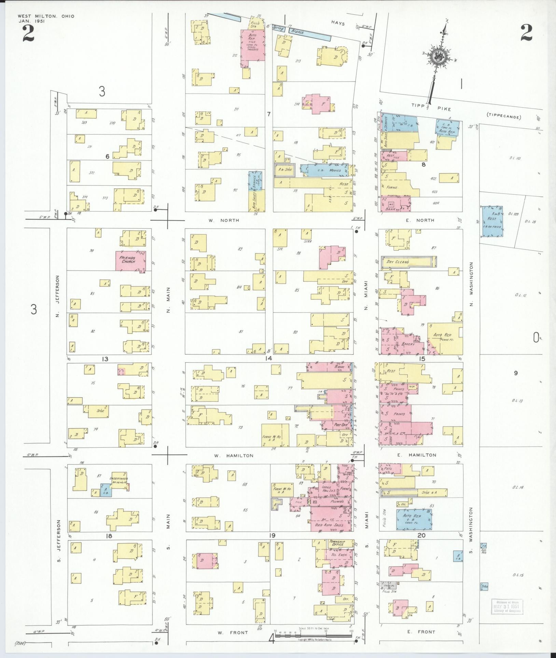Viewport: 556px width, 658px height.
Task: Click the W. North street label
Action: point(224,220)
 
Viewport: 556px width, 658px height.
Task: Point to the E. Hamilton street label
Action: point(422,455)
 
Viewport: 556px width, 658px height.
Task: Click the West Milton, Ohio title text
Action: point(46,16)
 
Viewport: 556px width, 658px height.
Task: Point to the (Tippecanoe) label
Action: point(503,117)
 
